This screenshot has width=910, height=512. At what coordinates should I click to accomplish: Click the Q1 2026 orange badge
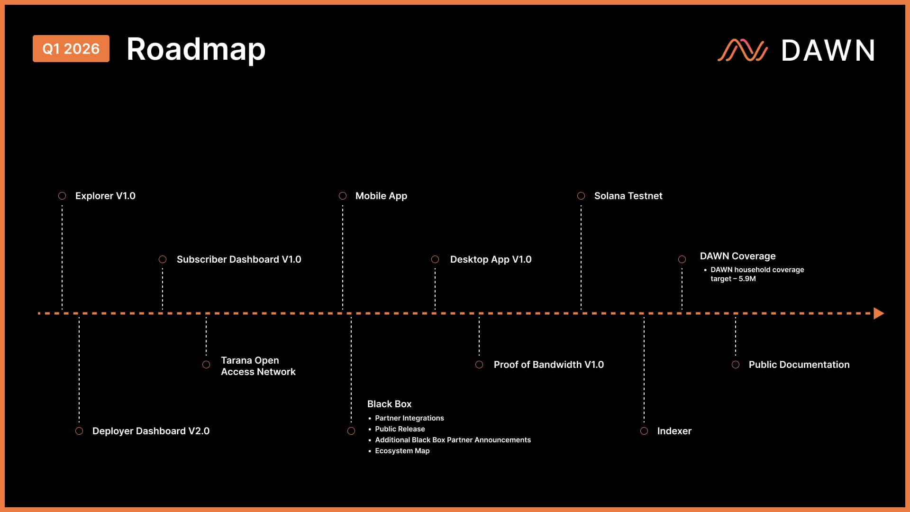point(71,48)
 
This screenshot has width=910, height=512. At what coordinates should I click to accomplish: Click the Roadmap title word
point(196,49)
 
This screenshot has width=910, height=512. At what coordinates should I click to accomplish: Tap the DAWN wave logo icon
point(742,50)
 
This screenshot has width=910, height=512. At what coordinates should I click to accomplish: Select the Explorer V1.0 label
point(105,196)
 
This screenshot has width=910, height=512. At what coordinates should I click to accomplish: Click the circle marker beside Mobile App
point(343,196)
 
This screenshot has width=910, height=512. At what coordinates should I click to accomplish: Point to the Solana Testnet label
point(628,196)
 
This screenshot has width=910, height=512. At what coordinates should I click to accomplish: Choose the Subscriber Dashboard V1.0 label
point(239,259)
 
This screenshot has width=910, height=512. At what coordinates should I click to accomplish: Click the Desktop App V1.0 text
point(491,259)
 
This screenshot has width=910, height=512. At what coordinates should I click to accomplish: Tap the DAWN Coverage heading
point(737,256)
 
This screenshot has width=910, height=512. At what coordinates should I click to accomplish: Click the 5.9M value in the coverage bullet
point(747,279)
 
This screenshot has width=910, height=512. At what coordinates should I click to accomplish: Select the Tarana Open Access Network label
point(258,366)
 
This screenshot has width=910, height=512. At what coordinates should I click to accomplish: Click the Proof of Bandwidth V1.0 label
point(548,365)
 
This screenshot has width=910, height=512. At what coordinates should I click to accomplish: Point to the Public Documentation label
point(799,365)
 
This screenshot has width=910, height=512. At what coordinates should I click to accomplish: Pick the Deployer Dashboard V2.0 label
point(151,431)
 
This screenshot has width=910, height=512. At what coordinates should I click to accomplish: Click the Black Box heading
point(389,404)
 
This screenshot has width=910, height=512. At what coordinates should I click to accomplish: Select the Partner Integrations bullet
point(409,418)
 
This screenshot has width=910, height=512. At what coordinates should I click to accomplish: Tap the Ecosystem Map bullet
point(402,451)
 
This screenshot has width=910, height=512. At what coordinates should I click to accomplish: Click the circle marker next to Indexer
point(644,431)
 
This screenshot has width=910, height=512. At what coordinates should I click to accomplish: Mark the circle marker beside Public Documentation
point(736,365)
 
